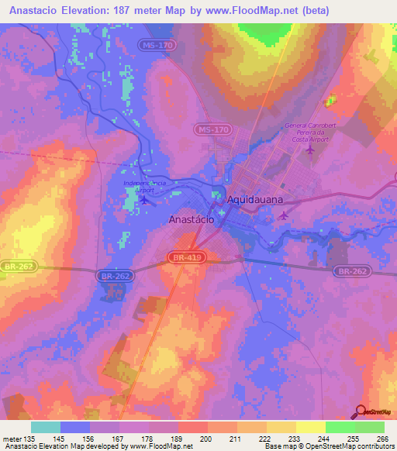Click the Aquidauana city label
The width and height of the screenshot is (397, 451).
point(255,199)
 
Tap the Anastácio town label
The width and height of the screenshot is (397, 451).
point(192,219)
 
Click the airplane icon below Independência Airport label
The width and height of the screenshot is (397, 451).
point(145,201)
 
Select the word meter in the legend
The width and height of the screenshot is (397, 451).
point(13,438)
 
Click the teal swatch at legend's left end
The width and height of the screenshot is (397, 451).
point(46,427)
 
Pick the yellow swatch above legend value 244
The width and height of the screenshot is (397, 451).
point(310,427)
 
